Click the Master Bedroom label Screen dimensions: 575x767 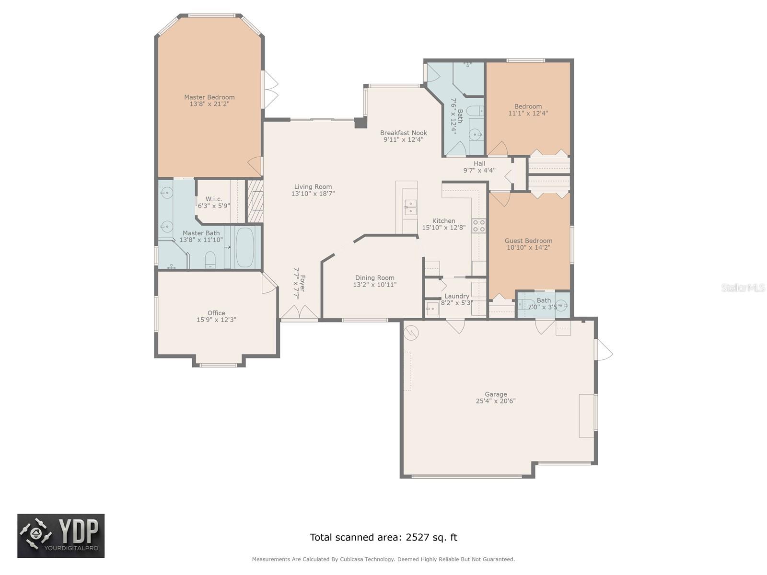click(209, 97)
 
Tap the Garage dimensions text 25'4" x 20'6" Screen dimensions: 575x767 click(495, 402)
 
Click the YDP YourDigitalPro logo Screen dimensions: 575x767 click(61, 536)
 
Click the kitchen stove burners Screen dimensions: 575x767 click(479, 226)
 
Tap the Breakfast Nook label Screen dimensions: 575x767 click(403, 133)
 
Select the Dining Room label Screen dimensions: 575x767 click(374, 278)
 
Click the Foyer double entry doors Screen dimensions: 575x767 click(300, 313)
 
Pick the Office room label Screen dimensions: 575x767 click(216, 313)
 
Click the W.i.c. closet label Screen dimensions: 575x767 click(214, 199)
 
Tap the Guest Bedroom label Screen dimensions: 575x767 click(528, 241)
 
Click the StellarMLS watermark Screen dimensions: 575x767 click(743, 288)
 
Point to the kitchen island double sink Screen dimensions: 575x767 click(410, 207)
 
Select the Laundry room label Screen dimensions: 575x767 click(456, 296)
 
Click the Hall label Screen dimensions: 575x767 click(479, 163)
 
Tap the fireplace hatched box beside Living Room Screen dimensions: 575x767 click(256, 201)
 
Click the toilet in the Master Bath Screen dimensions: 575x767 click(210, 260)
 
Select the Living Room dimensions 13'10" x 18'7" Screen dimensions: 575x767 click(313, 194)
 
